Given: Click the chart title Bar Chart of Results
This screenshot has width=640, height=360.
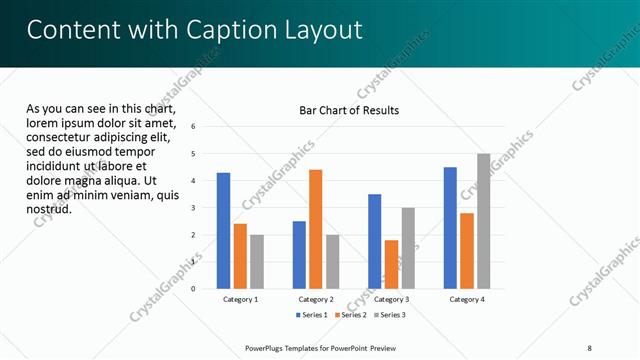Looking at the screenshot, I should point(349,109).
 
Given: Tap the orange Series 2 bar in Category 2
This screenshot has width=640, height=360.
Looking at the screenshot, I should point(315,229).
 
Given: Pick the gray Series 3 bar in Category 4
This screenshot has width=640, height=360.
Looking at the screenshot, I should point(483,221).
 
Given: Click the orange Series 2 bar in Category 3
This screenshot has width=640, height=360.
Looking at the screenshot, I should point(391,264).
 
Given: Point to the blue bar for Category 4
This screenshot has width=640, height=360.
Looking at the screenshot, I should point(450,227).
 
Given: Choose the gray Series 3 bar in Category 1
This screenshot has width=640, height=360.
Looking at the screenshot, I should point(257,261).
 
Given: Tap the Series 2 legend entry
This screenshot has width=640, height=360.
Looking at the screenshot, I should point(351,315).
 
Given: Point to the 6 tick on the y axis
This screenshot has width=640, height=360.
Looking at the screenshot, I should point(193,127).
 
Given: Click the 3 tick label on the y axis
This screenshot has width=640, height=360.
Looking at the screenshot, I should point(193,208).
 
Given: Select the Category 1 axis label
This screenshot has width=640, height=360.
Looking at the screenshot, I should point(240,299).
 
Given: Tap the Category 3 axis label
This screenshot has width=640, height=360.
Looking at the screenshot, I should point(391,299).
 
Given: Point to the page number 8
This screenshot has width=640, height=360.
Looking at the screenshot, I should point(589,348).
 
